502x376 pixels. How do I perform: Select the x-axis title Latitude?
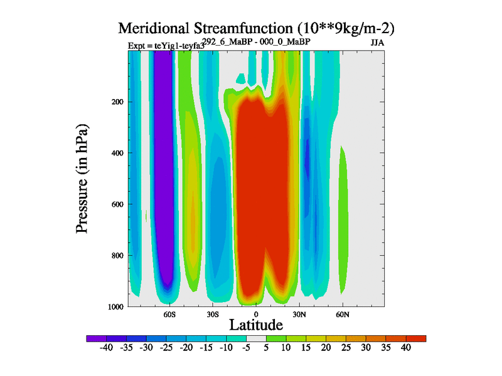255,325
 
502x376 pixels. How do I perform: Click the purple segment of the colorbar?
95,338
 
